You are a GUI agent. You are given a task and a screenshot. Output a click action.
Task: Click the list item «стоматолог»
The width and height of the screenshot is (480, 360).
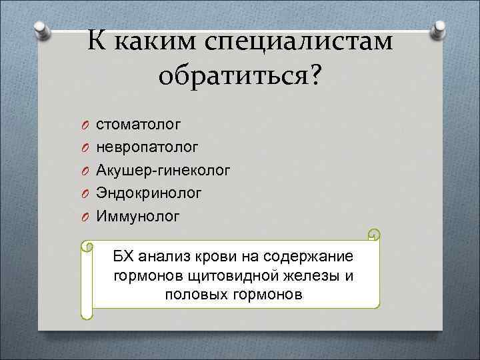tap(138, 125)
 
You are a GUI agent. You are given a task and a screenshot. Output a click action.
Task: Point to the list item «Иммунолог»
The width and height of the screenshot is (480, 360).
tap(138, 216)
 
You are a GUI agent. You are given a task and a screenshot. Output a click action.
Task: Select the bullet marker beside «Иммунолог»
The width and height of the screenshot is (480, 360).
tap(85, 217)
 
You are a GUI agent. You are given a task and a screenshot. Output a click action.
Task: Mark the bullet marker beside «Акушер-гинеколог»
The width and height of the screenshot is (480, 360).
tap(85, 171)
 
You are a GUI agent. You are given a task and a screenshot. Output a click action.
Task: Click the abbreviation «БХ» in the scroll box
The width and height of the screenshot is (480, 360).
tap(124, 257)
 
